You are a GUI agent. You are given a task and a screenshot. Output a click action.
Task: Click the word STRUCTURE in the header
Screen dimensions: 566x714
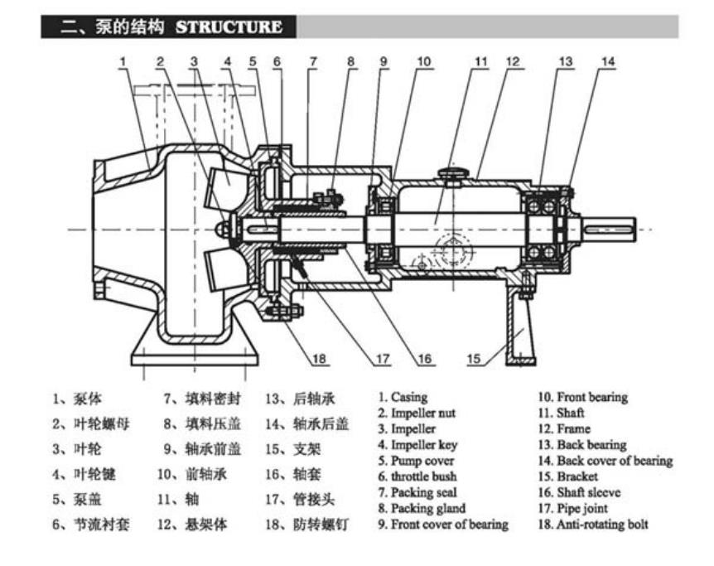coord(229,27)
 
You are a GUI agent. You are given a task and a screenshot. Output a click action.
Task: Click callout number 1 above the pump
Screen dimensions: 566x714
coord(122,61)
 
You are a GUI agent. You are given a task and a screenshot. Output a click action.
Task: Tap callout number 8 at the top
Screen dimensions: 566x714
coord(350,61)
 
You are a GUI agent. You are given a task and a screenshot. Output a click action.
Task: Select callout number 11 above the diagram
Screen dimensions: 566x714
coord(481,61)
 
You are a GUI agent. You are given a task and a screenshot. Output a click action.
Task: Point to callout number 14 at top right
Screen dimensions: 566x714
coord(608,61)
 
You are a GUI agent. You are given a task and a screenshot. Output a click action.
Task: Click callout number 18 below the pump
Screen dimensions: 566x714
coord(320,359)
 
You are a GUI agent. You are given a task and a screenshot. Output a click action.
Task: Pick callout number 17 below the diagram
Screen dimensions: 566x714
coord(382,359)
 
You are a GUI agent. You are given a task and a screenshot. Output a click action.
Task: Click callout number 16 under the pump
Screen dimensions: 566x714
coord(424,359)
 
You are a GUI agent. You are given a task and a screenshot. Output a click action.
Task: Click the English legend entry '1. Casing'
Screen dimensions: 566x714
coord(403,398)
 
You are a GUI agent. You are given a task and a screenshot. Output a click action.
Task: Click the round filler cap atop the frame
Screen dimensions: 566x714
coord(452,174)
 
